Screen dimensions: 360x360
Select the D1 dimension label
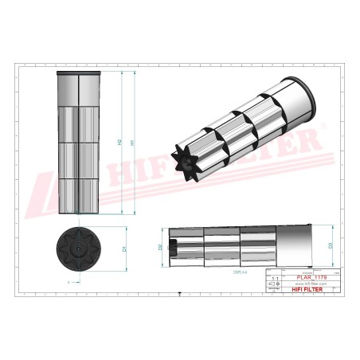click(x=125, y=249)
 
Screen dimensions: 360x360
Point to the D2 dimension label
click(x=160, y=248)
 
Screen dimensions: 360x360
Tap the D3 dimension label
click(x=330, y=245)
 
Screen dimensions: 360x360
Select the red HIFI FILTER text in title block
click(x=309, y=290)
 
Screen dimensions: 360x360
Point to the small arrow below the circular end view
click(x=69, y=282)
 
